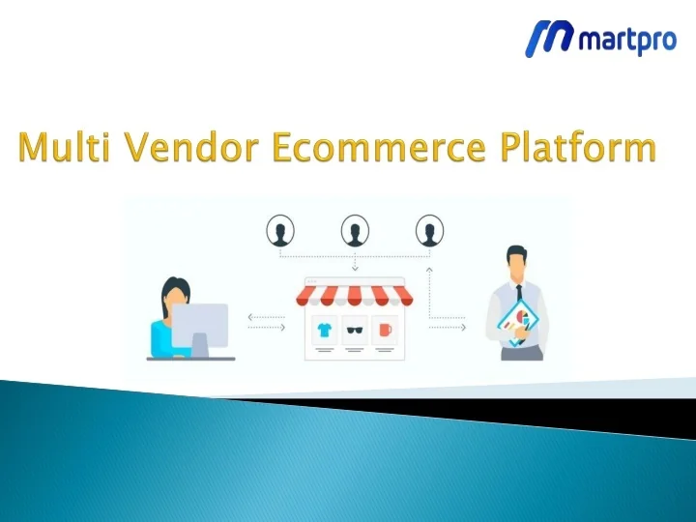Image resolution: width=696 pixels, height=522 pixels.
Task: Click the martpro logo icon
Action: tap(548, 39)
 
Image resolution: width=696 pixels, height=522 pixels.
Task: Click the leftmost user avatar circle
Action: tap(281, 232)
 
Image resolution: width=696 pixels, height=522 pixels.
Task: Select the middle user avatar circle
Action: tap(355, 232)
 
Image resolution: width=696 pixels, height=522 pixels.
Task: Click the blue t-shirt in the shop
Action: tap(324, 330)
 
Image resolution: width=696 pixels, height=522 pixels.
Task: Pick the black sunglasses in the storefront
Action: tap(355, 330)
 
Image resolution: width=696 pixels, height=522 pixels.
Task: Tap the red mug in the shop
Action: tap(386, 330)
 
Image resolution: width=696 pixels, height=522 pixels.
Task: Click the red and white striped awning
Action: tap(355, 292)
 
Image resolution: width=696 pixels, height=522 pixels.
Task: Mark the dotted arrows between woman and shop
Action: tap(267, 322)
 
